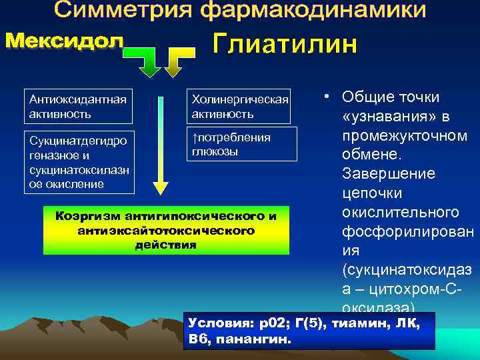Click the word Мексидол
pyautogui.click(x=65, y=41)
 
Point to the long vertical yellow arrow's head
pyautogui.click(x=160, y=184)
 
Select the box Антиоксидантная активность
pyautogui.click(x=78, y=106)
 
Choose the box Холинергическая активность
pyautogui.click(x=239, y=106)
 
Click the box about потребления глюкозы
pyautogui.click(x=239, y=143)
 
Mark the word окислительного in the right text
pyautogui.click(x=400, y=213)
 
